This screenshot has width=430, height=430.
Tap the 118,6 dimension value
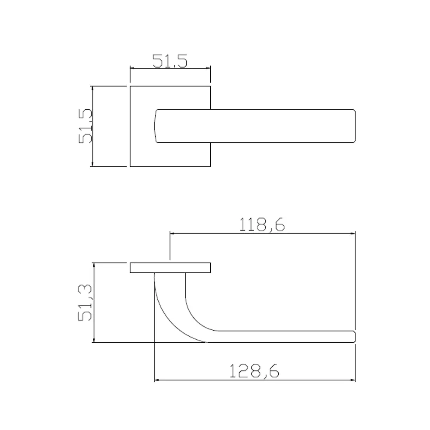(x=263, y=225)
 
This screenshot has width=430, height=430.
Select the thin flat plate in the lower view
(x=170, y=267)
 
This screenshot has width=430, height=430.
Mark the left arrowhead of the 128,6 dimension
(x=157, y=380)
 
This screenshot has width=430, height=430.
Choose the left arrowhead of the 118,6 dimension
(x=173, y=233)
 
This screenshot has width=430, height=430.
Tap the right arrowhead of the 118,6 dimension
(x=353, y=233)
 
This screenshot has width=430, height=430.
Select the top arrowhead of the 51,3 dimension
(x=93, y=264)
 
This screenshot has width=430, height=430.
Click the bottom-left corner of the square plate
(x=130, y=166)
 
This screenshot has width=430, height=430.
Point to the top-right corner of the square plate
(x=211, y=86)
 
